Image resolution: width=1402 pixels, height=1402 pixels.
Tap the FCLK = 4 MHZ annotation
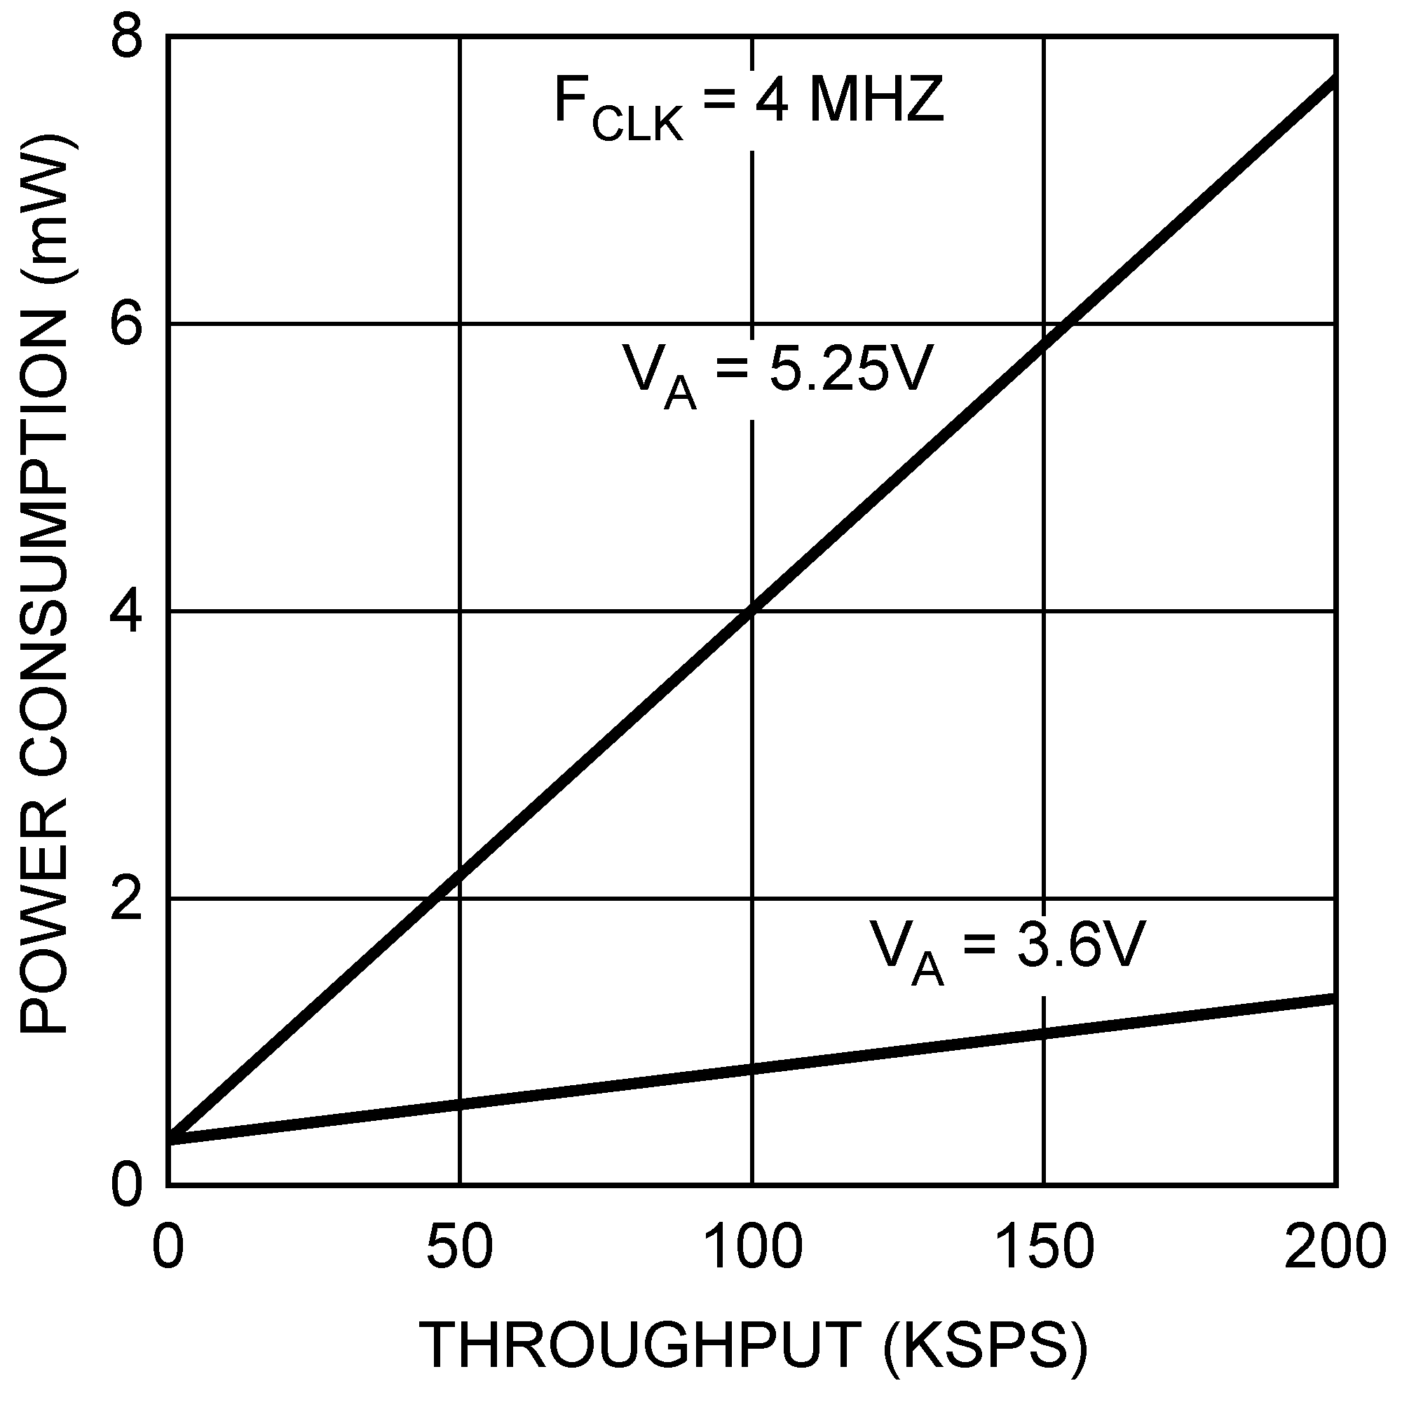coord(748,105)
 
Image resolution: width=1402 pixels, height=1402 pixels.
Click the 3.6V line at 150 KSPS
coord(1044,1033)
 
